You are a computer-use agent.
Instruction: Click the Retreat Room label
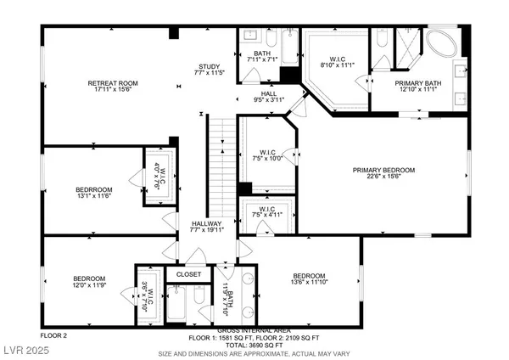coord(113,87)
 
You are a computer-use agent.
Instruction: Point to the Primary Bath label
coord(415,86)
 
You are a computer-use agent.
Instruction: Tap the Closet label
coord(188,274)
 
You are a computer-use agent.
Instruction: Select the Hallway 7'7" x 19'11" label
coord(207,227)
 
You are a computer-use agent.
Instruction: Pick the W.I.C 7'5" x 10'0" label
coord(269,157)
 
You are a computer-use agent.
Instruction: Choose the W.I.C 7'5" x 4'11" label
coord(269,214)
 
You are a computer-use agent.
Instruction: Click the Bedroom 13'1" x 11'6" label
coord(93,193)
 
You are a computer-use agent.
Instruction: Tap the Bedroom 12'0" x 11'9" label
coord(88,282)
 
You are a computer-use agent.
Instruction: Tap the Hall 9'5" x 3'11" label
coord(268,97)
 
